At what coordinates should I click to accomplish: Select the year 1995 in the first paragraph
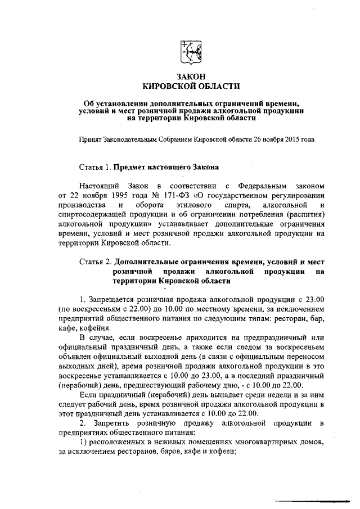[118, 195]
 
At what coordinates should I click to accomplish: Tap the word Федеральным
[264, 186]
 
